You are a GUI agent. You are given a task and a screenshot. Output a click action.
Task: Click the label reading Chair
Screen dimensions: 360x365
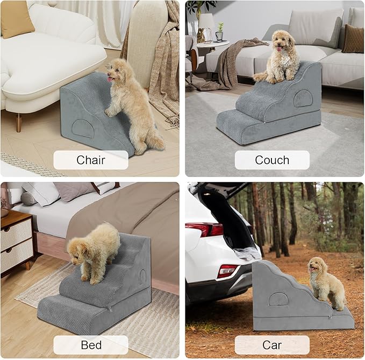[x=91, y=160]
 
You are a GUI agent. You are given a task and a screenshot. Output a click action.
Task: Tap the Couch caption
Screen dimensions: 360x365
[x=272, y=160]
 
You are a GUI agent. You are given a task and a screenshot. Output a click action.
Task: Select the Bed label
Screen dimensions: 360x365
[x=91, y=344]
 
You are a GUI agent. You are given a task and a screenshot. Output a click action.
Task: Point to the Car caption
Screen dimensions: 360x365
[x=272, y=344]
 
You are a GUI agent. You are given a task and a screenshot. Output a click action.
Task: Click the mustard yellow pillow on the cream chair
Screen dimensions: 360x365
[x=17, y=18]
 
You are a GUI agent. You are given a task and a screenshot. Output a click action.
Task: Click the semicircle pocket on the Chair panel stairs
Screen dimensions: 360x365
[x=82, y=128]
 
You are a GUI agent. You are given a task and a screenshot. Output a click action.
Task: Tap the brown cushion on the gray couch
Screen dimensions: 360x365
[x=353, y=38]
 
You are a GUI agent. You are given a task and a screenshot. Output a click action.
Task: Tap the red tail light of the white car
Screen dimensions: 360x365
[x=204, y=229]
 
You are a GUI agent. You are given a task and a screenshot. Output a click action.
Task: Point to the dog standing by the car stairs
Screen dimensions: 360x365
[x=326, y=283]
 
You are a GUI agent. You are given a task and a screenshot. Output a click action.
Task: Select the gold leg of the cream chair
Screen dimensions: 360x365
[x=19, y=122]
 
